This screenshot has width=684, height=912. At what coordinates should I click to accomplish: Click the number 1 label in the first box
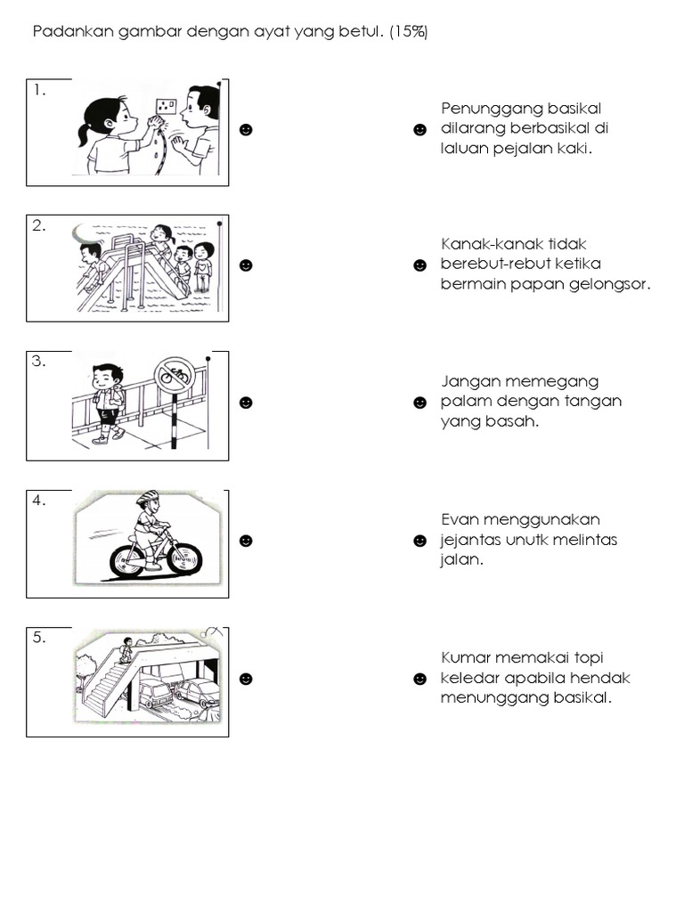(x=39, y=90)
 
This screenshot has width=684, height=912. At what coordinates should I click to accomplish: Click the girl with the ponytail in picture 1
(x=106, y=134)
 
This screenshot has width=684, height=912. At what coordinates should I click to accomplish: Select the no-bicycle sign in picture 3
(x=175, y=376)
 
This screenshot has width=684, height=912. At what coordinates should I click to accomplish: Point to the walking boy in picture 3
(x=108, y=402)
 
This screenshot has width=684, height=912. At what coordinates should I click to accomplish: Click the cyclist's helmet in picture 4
(x=147, y=498)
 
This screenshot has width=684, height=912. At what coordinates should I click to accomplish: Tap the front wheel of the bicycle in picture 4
(x=183, y=558)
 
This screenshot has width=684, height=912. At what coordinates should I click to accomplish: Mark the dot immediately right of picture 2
(x=247, y=265)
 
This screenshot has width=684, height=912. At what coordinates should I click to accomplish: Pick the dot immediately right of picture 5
(x=247, y=679)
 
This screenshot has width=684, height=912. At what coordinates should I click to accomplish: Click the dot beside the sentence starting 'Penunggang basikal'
(x=420, y=130)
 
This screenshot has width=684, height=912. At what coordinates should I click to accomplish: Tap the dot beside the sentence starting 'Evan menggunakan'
(x=420, y=541)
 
